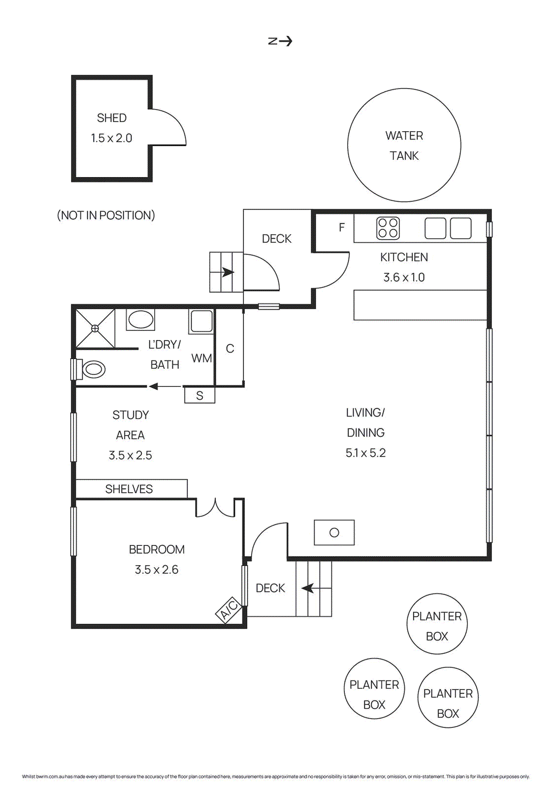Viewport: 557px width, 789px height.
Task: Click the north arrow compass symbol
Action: (x=280, y=41)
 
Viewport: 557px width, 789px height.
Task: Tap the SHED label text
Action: (x=112, y=118)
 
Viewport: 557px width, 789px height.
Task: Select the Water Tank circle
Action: (x=404, y=145)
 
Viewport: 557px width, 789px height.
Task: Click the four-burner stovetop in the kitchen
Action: (x=388, y=228)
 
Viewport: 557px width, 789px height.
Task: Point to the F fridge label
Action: (x=342, y=227)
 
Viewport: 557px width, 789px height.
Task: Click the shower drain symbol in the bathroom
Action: (x=95, y=328)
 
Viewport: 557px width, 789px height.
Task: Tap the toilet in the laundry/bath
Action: (x=92, y=369)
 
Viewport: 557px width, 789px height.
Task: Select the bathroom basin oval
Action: (x=140, y=320)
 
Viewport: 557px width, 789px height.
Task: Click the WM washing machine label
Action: (x=201, y=359)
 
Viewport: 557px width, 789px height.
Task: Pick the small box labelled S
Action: (x=199, y=395)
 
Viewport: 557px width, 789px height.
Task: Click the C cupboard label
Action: (x=230, y=349)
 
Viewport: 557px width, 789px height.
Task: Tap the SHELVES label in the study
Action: (x=129, y=489)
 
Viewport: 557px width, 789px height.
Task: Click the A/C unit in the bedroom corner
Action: (x=229, y=610)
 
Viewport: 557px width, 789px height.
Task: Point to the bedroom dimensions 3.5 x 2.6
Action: (x=157, y=570)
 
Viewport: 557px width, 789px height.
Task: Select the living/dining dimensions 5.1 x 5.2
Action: (x=365, y=453)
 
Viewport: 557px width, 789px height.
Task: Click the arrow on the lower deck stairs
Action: (x=308, y=588)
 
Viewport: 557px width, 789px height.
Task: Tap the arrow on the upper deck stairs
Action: (x=227, y=272)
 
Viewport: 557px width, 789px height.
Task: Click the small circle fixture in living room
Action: (x=334, y=533)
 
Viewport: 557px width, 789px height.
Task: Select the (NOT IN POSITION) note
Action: (x=106, y=215)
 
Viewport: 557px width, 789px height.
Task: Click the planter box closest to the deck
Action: (x=437, y=624)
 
